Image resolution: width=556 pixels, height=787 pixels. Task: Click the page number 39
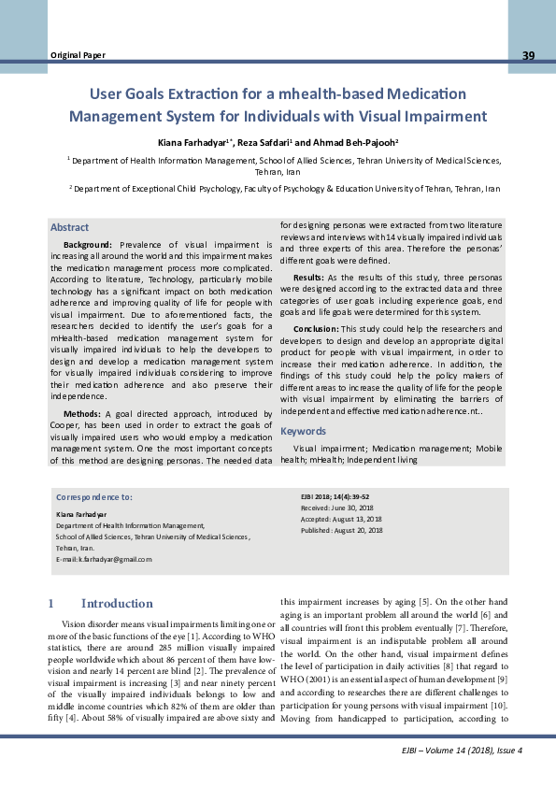[x=528, y=56]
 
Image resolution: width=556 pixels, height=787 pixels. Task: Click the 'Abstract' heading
[x=69, y=227]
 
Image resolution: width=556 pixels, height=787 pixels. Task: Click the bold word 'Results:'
[x=308, y=278]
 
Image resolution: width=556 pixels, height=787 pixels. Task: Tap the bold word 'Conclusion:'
[x=315, y=329]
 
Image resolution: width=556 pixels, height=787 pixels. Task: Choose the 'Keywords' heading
[x=303, y=431]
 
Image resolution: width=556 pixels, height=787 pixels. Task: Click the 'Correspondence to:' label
[x=93, y=498]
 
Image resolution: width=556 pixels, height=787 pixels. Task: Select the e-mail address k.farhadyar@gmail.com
[x=104, y=558]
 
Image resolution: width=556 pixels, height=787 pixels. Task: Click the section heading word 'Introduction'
[x=117, y=603]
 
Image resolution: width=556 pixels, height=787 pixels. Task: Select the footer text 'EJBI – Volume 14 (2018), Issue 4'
[x=458, y=751]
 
